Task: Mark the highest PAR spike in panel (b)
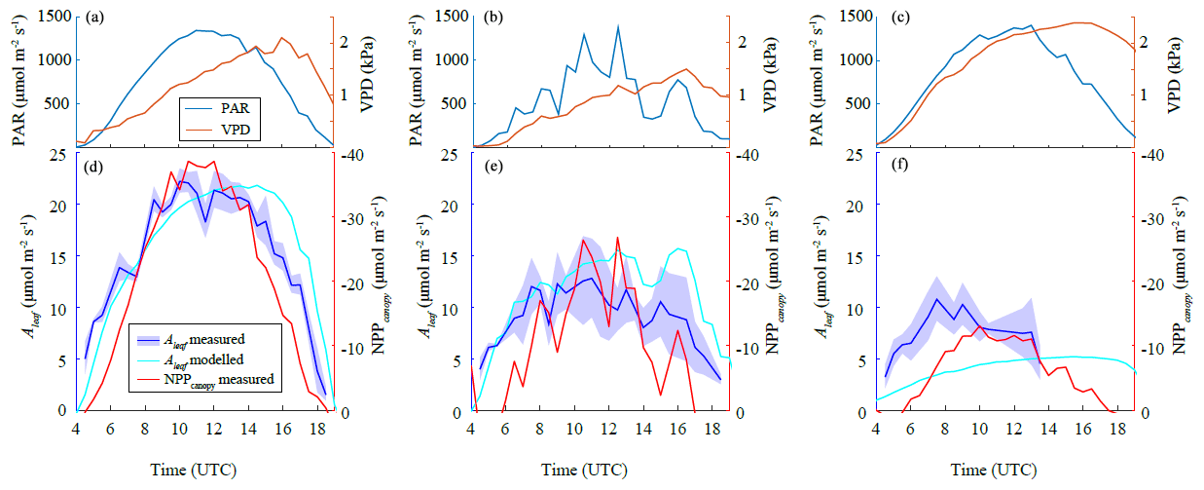pos(618,26)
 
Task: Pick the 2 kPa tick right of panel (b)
pos(743,42)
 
